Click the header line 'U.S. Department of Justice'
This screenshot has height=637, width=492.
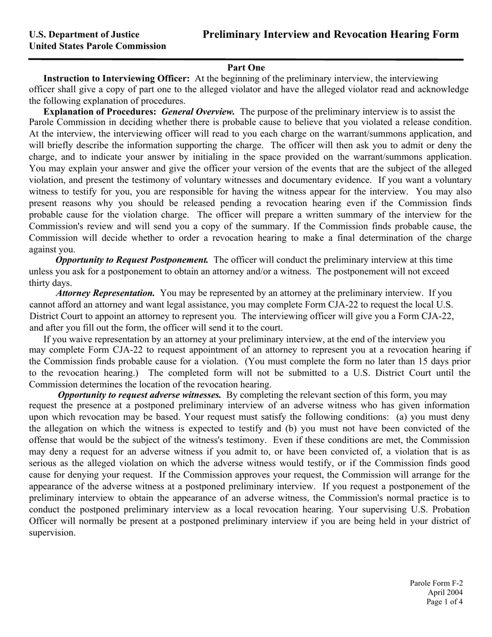point(84,35)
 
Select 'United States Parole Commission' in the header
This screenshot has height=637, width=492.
point(97,46)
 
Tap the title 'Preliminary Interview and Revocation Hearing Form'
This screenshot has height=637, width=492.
point(330,35)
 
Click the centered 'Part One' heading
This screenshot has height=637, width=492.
point(246,67)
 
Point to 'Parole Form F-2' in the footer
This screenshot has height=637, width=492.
point(436,583)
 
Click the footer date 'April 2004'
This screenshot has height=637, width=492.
point(445,592)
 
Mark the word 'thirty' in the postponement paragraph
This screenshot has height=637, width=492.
point(40,283)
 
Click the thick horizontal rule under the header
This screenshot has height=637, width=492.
point(246,60)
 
